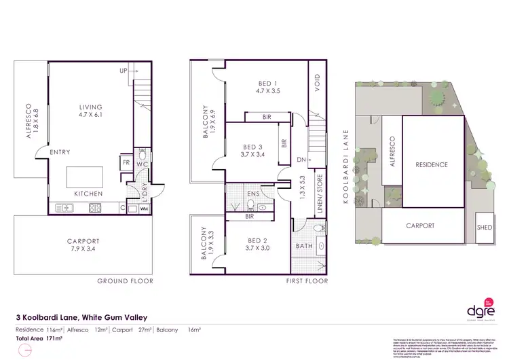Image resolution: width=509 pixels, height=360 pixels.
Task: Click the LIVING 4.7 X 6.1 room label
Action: click(x=90, y=111)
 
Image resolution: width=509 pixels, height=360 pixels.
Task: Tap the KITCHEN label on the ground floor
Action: click(x=88, y=194)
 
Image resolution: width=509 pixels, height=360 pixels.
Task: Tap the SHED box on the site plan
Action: click(x=485, y=228)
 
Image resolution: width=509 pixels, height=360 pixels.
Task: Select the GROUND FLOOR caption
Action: click(x=125, y=281)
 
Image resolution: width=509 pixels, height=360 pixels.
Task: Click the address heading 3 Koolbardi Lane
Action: click(x=81, y=316)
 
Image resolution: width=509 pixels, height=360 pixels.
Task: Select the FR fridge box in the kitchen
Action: click(x=126, y=163)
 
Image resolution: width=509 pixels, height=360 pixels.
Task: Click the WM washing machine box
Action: click(x=143, y=209)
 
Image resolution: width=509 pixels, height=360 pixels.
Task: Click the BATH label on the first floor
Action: click(x=303, y=245)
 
